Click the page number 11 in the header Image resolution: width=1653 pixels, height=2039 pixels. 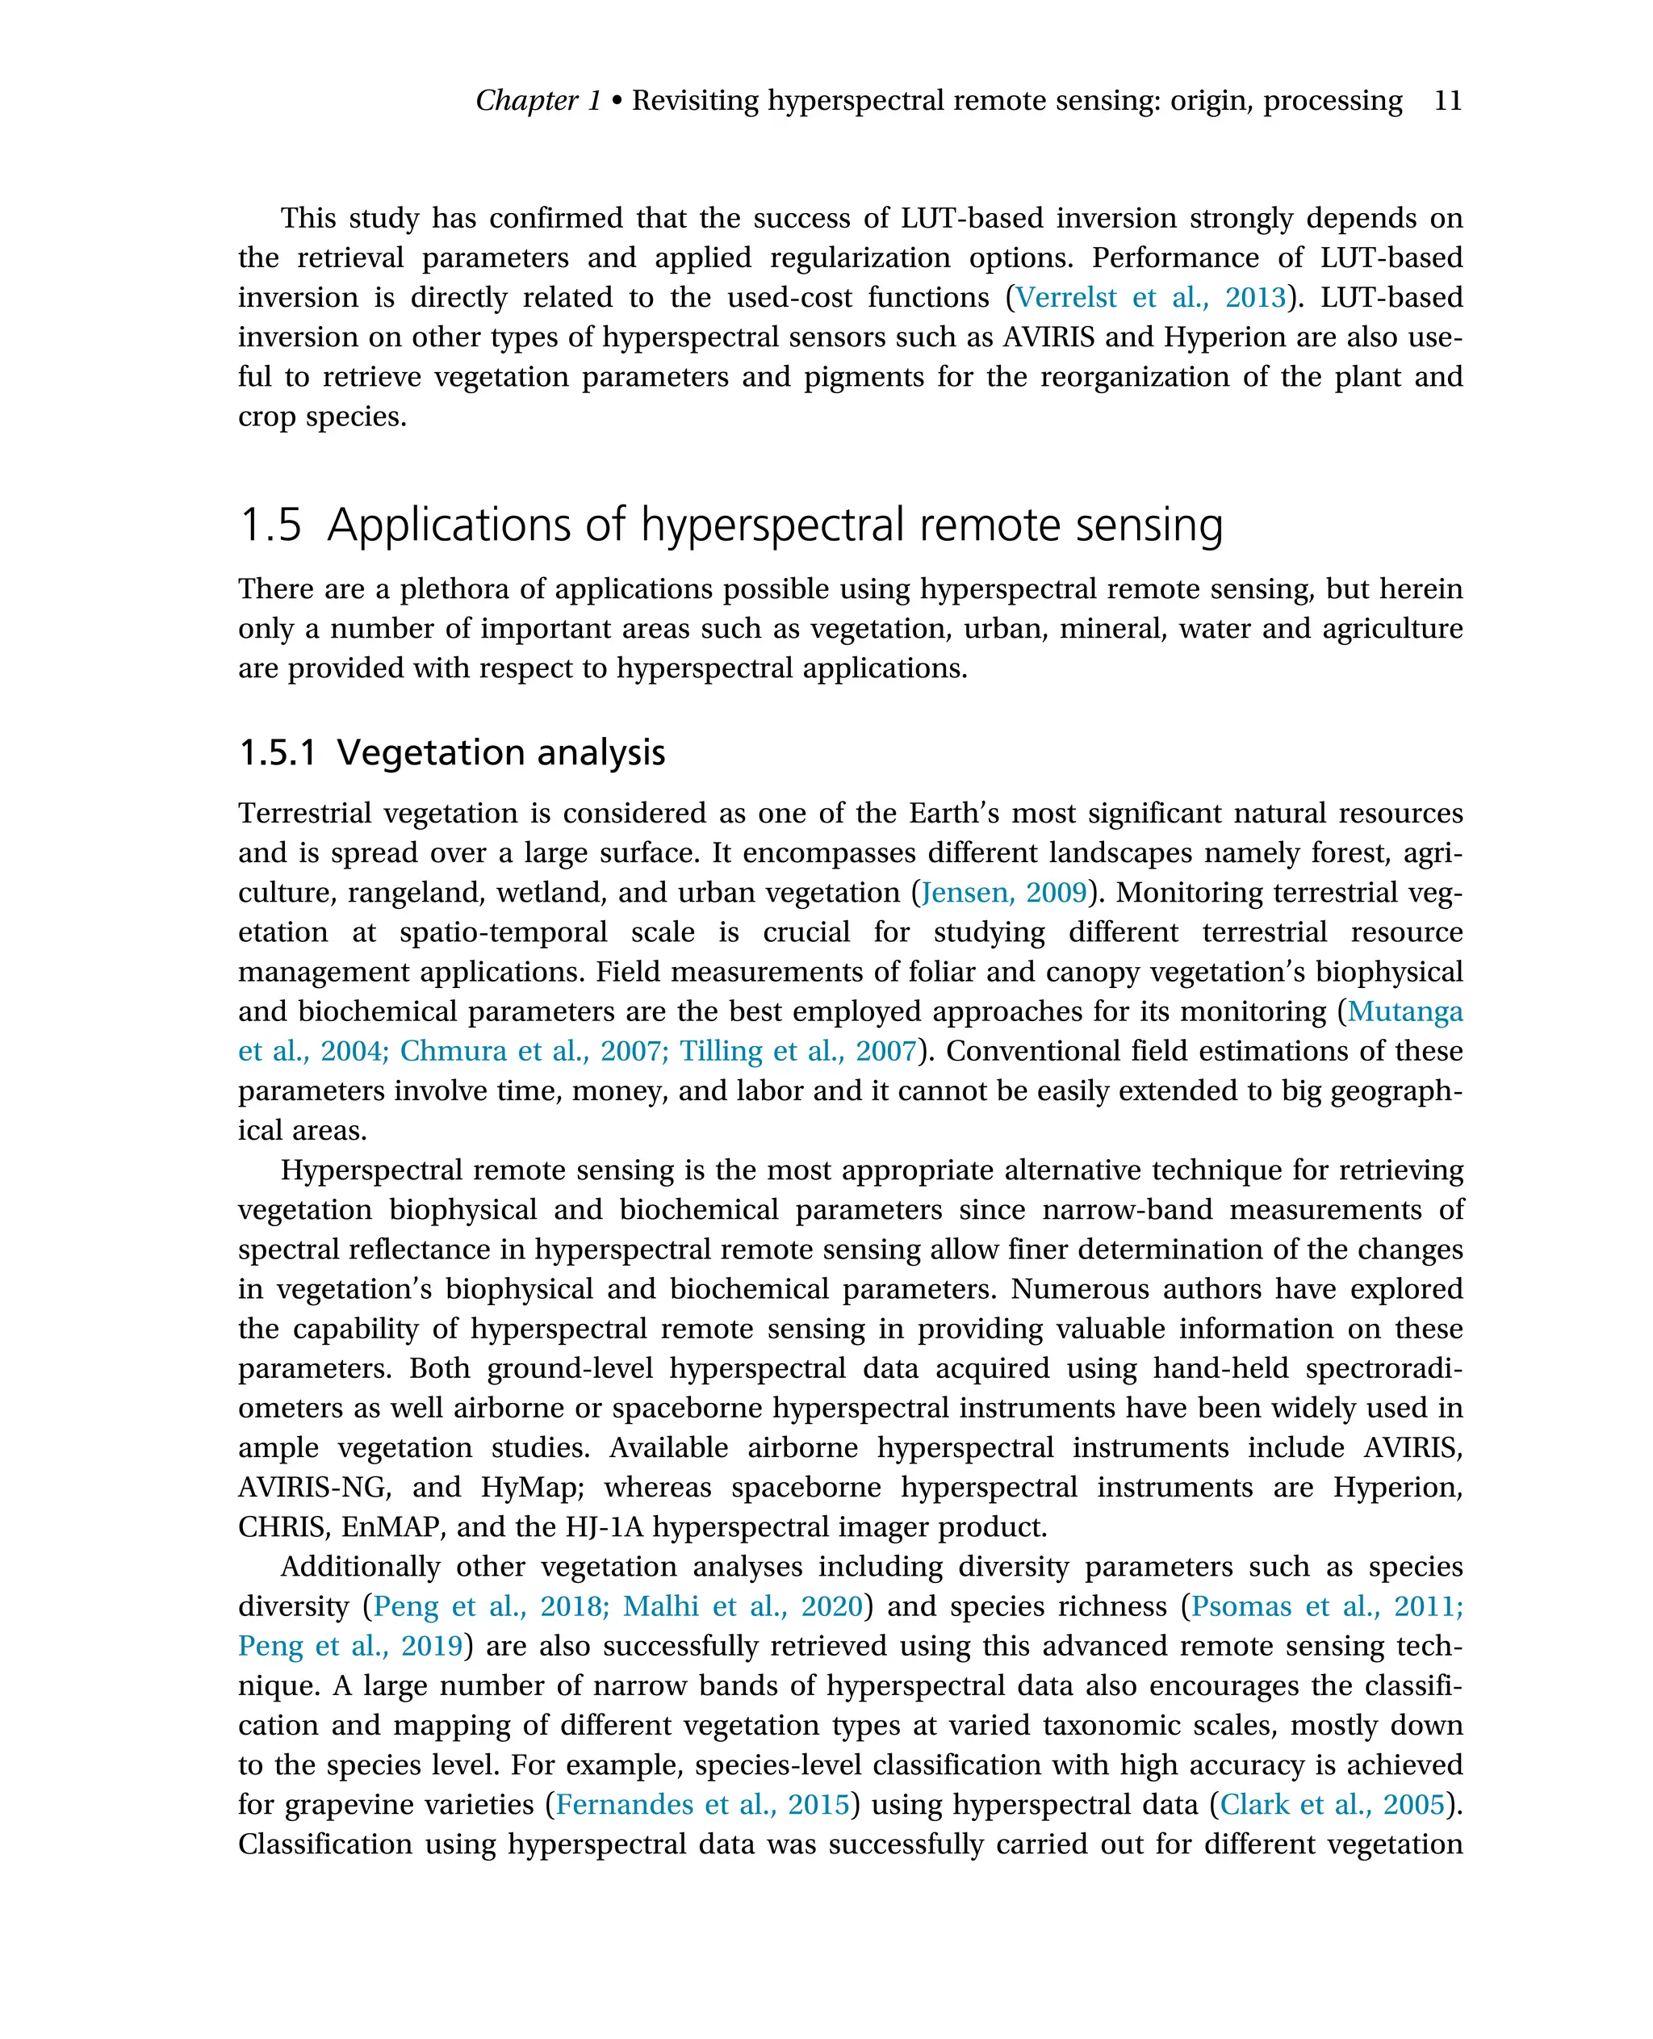(1446, 100)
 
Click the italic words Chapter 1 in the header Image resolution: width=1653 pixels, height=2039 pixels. (538, 100)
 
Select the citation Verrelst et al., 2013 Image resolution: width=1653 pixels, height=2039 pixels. (1150, 297)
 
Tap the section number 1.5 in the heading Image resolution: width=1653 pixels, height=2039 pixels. (270, 525)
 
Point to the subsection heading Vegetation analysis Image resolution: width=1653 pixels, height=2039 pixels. (501, 752)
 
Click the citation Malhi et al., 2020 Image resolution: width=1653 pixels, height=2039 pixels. (743, 1606)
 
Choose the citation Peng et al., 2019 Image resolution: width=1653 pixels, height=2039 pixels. (349, 1646)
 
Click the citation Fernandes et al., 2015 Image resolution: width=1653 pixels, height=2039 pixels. (701, 1804)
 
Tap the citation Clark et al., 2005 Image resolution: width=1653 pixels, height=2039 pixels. (1332, 1804)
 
